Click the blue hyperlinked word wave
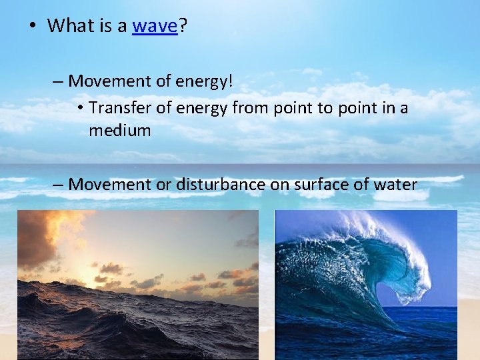[x=155, y=26]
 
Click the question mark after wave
[x=183, y=26]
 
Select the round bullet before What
[x=31, y=27]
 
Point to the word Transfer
[x=115, y=107]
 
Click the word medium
[x=120, y=130]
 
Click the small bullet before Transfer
[x=79, y=108]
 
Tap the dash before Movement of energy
[x=58, y=81]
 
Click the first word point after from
[x=283, y=107]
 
